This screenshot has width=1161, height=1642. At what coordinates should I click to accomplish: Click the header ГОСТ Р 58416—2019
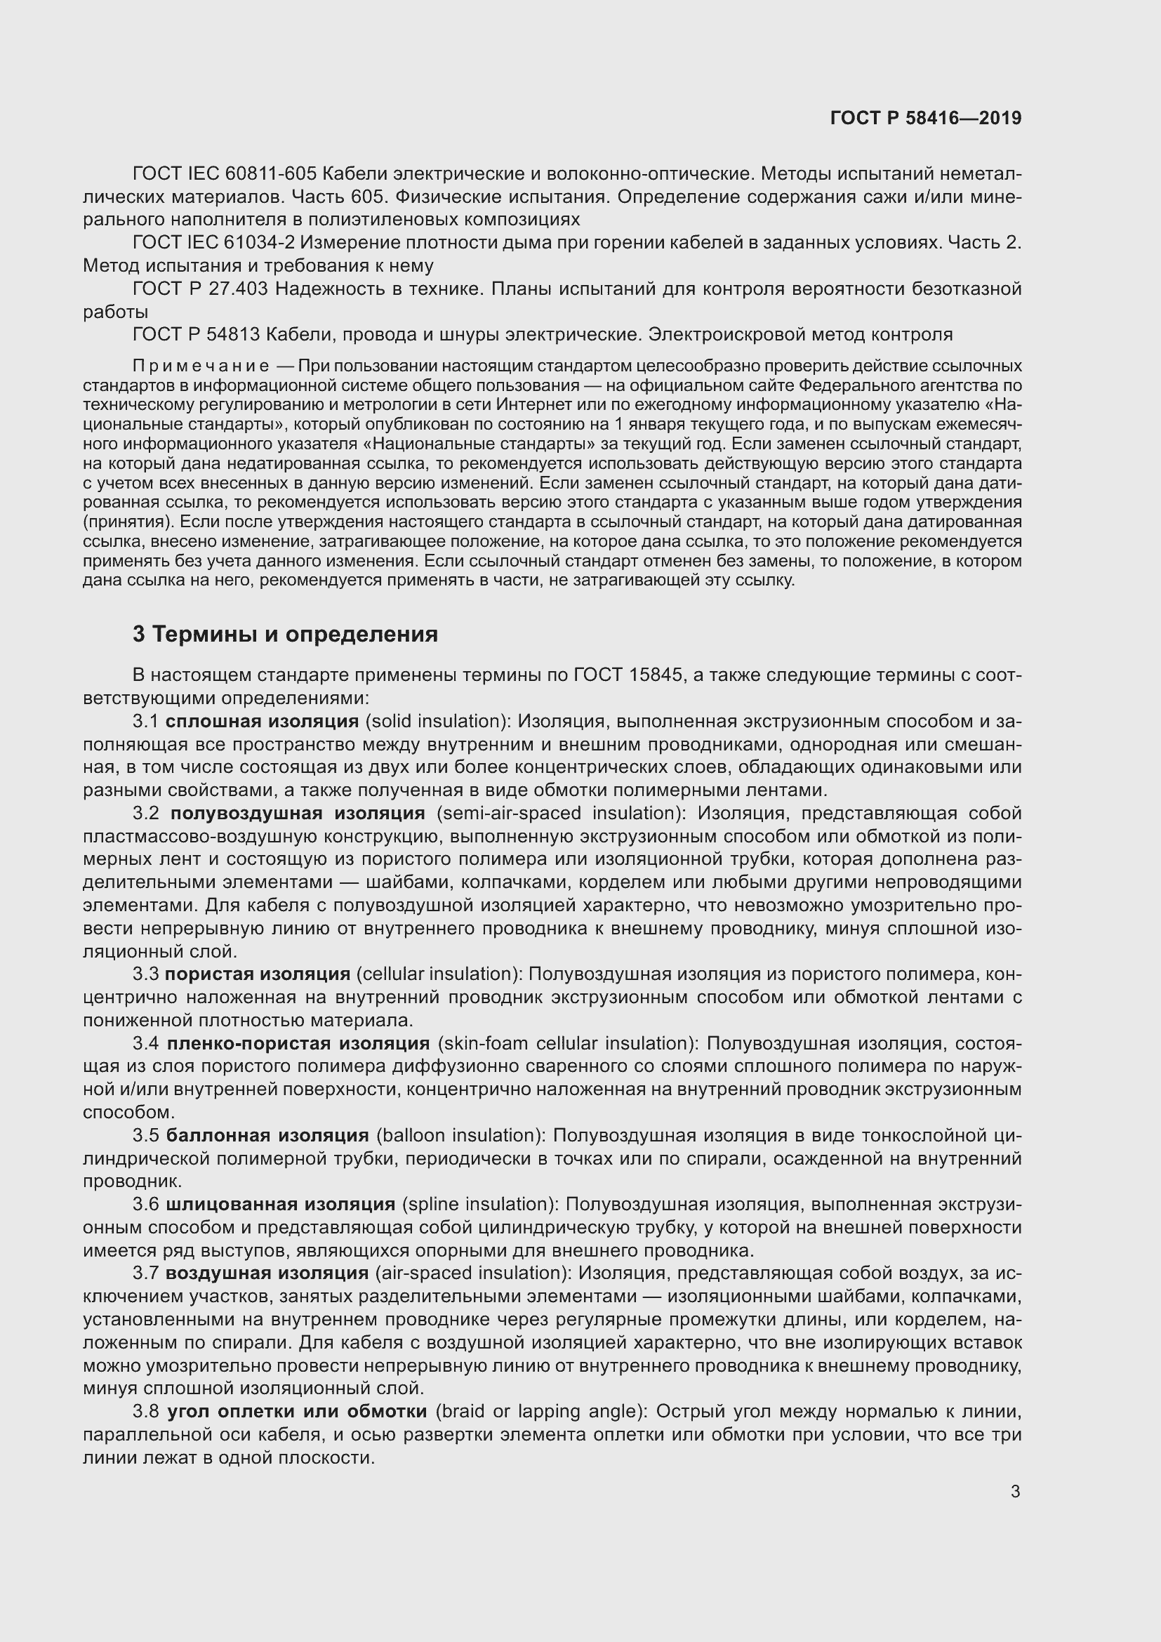pyautogui.click(x=926, y=119)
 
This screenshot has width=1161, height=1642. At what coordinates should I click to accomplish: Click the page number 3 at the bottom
pyautogui.click(x=1015, y=1492)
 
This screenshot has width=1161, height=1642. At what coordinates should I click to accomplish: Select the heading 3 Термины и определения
pyautogui.click(x=285, y=635)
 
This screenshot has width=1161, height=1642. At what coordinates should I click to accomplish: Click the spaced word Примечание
pyautogui.click(x=201, y=366)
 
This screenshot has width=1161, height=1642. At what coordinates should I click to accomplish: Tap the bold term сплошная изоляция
pyautogui.click(x=262, y=722)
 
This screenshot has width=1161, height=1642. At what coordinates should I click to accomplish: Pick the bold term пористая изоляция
pyautogui.click(x=258, y=974)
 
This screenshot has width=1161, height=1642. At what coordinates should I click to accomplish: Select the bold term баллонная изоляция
pyautogui.click(x=267, y=1136)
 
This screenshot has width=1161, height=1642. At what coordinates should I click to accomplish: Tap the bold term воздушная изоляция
pyautogui.click(x=267, y=1273)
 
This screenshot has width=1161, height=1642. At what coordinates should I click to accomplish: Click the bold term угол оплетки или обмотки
pyautogui.click(x=297, y=1412)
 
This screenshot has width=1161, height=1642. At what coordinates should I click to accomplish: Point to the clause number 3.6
pyautogui.click(x=146, y=1205)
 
